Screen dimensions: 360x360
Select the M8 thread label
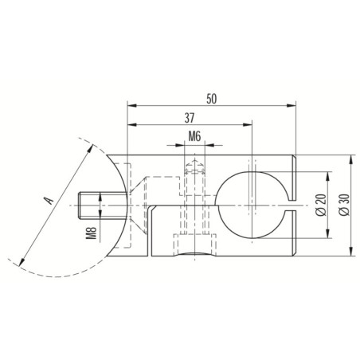point(92,232)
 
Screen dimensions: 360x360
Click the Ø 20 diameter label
point(319,205)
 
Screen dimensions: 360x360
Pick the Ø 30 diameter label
point(342,205)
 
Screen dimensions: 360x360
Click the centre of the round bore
point(251,206)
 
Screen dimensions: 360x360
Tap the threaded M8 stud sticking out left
point(97,206)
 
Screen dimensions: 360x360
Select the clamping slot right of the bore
point(292,206)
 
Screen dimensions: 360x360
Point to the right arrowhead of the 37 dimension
point(248,125)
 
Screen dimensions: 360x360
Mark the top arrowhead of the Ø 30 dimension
point(351,159)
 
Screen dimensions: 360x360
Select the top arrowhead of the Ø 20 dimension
point(327,174)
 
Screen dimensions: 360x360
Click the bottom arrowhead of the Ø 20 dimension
point(327,237)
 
